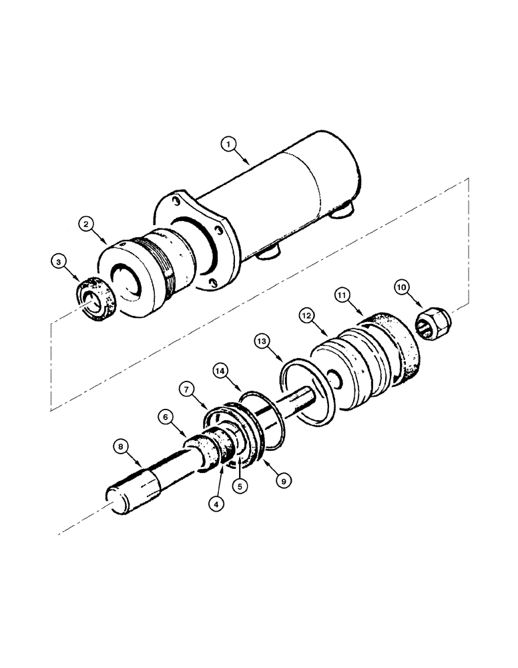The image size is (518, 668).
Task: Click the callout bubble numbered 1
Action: point(230,143)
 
